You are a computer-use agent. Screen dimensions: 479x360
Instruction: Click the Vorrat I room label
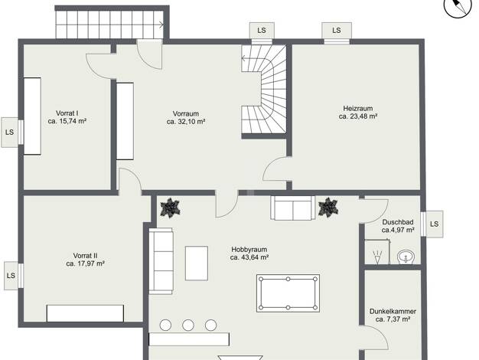(x=67, y=113)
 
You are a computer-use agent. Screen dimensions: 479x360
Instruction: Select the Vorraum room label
(x=186, y=114)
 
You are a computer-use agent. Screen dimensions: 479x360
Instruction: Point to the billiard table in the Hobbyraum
(x=288, y=293)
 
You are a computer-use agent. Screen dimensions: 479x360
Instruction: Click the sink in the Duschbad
(x=406, y=257)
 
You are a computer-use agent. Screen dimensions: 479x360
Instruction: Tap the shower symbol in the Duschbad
(x=377, y=257)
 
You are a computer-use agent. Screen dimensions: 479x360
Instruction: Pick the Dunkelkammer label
(x=393, y=312)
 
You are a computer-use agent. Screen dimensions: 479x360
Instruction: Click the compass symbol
(x=458, y=8)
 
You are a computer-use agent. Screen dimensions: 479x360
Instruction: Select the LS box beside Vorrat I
(x=9, y=133)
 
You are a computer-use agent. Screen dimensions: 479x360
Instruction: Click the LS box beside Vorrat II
(x=11, y=275)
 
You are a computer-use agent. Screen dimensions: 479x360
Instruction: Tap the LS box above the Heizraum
(x=337, y=31)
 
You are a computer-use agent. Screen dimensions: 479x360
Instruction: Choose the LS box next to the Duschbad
(x=434, y=224)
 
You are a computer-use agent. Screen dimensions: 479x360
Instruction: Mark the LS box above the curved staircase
(x=262, y=31)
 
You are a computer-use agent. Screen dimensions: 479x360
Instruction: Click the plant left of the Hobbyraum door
(x=170, y=208)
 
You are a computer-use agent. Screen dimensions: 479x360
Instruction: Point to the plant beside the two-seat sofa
(x=328, y=208)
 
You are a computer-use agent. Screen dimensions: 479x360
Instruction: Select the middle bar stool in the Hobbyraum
(x=188, y=325)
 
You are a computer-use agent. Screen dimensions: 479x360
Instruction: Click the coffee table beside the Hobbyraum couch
(x=197, y=263)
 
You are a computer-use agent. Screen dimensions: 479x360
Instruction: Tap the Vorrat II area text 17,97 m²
(x=91, y=263)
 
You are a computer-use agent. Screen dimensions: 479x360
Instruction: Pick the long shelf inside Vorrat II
(x=85, y=313)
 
